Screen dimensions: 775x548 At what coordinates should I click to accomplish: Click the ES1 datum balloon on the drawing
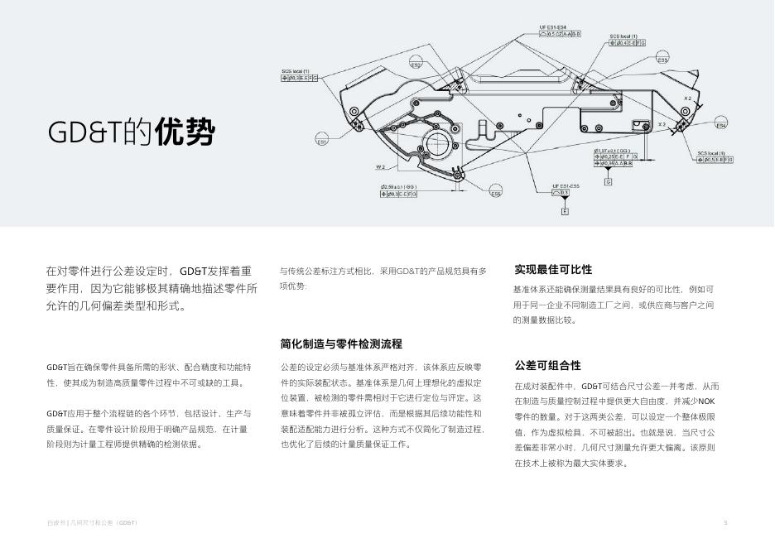click(322, 142)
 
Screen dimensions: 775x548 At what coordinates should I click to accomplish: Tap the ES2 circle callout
click(416, 65)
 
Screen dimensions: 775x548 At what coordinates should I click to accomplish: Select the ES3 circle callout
click(662, 60)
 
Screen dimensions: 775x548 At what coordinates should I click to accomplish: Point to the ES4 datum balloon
click(720, 126)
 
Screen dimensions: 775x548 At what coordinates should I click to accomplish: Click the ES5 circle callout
click(495, 194)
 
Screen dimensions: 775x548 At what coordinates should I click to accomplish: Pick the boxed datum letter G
click(608, 182)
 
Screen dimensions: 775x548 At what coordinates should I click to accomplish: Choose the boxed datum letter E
click(566, 212)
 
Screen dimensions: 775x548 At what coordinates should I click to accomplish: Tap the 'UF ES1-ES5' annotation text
click(566, 186)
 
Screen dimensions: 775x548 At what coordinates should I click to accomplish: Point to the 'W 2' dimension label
click(381, 167)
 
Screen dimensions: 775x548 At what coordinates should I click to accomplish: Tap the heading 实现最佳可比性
click(553, 270)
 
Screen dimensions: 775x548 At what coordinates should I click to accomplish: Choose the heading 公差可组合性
click(547, 365)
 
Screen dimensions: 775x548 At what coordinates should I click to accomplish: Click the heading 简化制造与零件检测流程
click(341, 344)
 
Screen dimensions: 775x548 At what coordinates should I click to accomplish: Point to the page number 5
click(725, 522)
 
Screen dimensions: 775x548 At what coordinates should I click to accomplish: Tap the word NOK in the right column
click(706, 401)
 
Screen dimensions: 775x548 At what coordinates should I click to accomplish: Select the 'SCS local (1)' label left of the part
click(295, 71)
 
